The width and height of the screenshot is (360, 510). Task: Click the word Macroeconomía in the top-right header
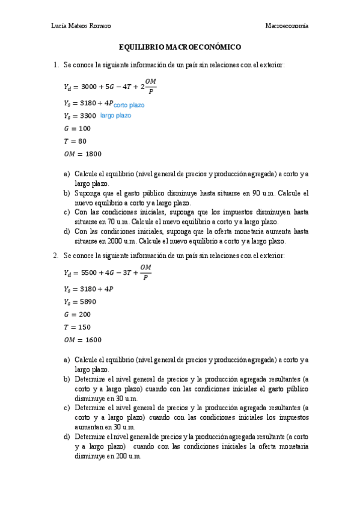[x=287, y=25]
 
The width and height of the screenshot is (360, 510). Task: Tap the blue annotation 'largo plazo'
[x=115, y=115]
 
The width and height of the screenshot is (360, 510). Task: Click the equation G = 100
[x=77, y=128]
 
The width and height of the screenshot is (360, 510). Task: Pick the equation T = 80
[x=75, y=141]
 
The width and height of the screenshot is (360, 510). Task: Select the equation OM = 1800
[x=82, y=153]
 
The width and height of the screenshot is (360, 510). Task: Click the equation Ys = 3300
[x=79, y=115]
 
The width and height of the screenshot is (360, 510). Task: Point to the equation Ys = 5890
[x=79, y=301]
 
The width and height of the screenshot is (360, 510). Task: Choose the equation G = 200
[x=77, y=314]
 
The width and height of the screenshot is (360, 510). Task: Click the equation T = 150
[x=77, y=327]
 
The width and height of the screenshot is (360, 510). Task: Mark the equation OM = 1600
[x=82, y=340]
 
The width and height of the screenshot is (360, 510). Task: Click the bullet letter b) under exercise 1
[x=66, y=194]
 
